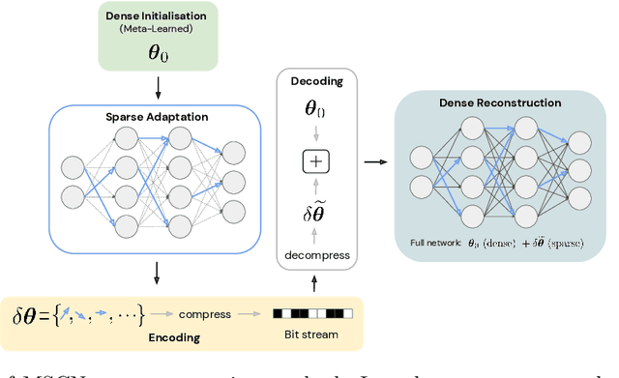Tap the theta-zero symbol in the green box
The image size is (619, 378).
[157, 52]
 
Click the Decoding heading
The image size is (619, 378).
[317, 81]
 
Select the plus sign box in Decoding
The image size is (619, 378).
[317, 161]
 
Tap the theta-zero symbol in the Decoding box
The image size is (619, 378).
[317, 109]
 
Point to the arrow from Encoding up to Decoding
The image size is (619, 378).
[317, 285]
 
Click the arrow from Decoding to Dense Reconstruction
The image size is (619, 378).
[372, 162]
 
